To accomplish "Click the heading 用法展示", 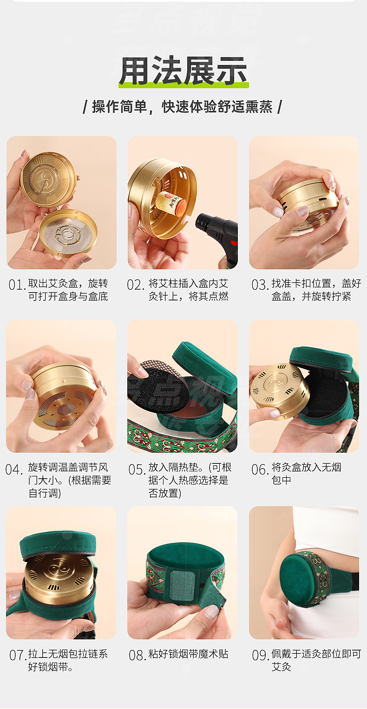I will tap(183, 71).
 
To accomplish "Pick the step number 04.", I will tap(14, 469).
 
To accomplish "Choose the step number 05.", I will tap(137, 469).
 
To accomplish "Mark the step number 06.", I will tap(259, 469).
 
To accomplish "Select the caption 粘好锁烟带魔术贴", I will tap(188, 654).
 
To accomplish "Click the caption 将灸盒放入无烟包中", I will tap(307, 474).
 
